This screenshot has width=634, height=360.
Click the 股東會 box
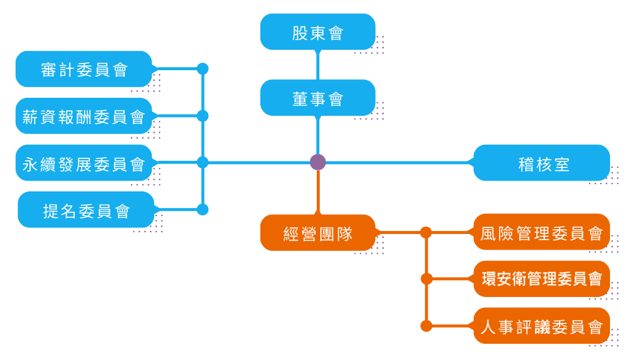pos(317,32)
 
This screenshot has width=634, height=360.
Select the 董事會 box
pos(317,98)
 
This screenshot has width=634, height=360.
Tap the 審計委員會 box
pos(84,69)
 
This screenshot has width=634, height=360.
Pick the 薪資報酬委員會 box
pos(84,116)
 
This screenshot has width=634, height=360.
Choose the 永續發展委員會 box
pos(84,163)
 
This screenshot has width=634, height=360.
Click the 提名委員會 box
pos(86,210)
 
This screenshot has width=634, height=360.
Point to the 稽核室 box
pos(541,163)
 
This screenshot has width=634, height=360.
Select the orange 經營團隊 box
pos(317,233)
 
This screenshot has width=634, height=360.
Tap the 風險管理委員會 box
pos(541,232)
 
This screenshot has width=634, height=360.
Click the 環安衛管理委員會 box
pos(541,279)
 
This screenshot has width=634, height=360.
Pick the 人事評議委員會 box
pos(541,326)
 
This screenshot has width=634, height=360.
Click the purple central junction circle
pos(318,162)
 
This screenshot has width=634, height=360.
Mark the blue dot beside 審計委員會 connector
pos(203,69)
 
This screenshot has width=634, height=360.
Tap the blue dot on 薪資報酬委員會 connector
pos(203,116)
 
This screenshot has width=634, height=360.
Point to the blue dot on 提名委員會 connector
pos(203,209)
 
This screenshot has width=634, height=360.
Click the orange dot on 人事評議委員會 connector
pos(426,326)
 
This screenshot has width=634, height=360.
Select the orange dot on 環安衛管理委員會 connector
pos(426,279)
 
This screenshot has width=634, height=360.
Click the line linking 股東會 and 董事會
pos(318,65)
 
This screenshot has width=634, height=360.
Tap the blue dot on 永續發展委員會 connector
pos(203,163)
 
